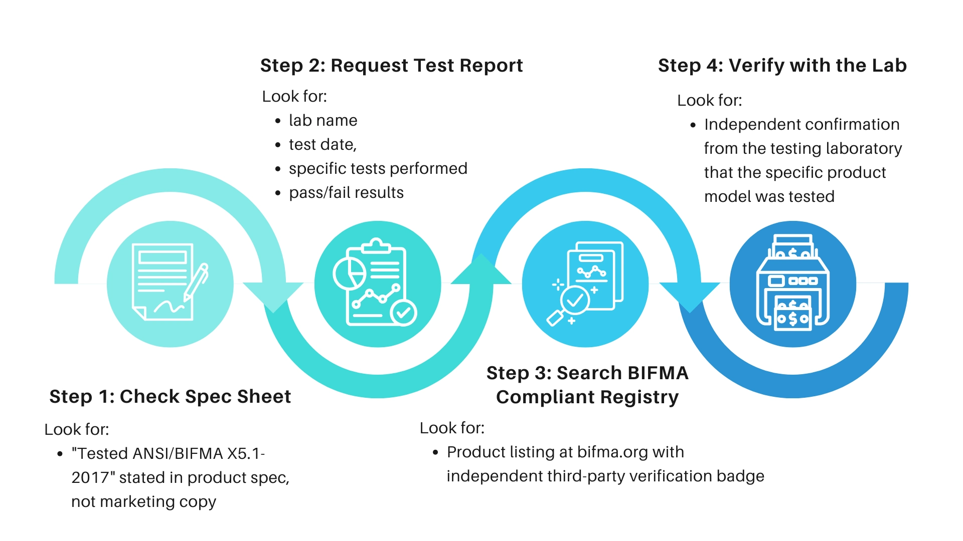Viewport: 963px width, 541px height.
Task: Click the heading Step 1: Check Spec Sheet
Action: tap(170, 396)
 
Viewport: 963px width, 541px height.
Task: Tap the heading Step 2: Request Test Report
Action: tap(391, 66)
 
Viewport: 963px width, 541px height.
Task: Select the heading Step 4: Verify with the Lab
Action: tap(782, 66)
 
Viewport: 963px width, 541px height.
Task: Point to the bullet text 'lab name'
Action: tap(323, 121)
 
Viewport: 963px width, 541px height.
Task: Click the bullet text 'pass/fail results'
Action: tap(346, 193)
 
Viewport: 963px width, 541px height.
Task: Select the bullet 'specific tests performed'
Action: tap(378, 169)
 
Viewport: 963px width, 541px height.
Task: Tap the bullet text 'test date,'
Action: tap(323, 145)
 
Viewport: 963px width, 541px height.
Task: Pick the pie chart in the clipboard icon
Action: tap(349, 274)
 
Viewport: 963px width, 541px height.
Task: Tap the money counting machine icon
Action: tap(792, 283)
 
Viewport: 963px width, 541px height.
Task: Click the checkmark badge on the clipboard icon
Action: tap(403, 313)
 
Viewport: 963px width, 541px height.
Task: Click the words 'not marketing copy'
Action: tap(143, 502)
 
